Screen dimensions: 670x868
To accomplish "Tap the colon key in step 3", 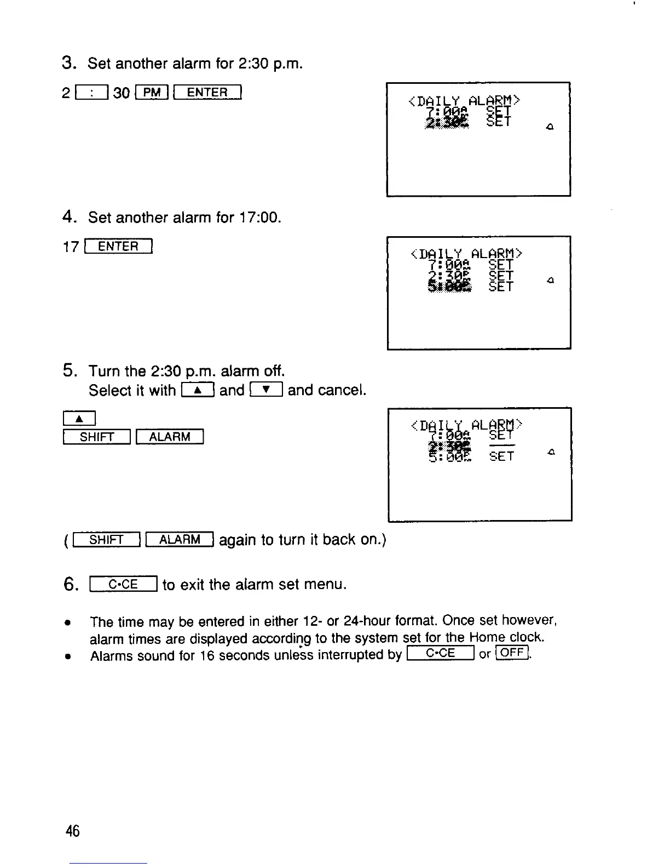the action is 94,92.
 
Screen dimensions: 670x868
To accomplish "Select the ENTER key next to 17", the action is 118,247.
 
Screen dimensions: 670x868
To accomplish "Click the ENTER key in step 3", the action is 207,92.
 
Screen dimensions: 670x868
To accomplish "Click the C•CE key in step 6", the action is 123,585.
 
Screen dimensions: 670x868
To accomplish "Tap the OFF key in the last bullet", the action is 512,653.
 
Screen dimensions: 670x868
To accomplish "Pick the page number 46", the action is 72,831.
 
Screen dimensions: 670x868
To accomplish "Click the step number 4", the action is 68,218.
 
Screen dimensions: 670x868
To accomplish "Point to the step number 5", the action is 68,371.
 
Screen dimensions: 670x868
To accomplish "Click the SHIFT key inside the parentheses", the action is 107,540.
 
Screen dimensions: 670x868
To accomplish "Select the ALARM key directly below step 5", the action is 170,437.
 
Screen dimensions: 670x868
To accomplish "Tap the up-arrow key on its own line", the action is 79,419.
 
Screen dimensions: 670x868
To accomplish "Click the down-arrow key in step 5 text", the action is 266,390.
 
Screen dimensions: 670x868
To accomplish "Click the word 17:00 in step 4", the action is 260,218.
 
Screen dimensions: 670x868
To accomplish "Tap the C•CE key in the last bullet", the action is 440,654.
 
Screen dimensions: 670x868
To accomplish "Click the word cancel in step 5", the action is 340,390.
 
